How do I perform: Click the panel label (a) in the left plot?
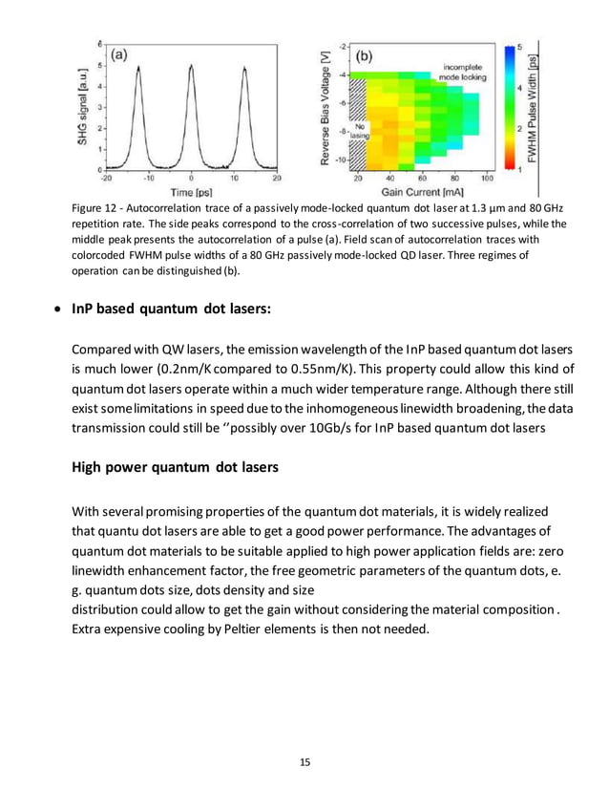point(120,55)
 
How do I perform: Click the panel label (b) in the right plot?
point(364,56)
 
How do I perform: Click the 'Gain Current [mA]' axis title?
point(422,192)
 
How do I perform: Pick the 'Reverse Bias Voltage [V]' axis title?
point(327,107)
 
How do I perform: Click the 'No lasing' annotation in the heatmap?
point(361,132)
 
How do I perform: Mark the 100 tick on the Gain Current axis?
point(486,178)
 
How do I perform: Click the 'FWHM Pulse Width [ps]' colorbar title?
point(532,106)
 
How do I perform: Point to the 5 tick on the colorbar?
point(518,47)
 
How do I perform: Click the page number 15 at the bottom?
point(304,761)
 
